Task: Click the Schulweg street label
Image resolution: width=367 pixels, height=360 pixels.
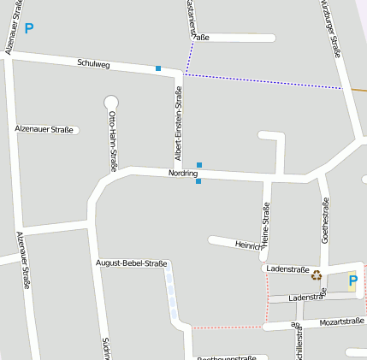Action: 93,63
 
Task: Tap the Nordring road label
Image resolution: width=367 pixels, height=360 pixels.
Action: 183,173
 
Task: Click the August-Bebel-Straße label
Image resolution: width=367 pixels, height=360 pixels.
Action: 132,263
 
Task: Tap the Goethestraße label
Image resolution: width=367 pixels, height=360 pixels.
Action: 324,221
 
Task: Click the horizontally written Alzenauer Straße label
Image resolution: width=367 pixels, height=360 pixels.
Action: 44,129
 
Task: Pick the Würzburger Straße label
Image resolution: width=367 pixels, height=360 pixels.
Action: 331,27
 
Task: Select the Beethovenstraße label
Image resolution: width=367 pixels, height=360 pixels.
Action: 227,357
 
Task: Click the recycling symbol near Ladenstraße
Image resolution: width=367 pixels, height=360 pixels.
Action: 317,275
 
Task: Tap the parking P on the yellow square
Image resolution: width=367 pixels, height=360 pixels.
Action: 352,280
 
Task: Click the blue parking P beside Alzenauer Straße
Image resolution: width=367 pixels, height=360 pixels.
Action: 29,29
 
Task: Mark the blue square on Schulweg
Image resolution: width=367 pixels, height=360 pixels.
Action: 158,68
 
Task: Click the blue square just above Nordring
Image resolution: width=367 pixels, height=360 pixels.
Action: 199,164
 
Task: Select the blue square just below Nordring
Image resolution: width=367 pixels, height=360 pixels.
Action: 198,181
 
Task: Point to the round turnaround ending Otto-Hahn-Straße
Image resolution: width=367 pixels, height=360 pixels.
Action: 110,103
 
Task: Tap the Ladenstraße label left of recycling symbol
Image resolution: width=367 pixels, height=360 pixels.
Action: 287,269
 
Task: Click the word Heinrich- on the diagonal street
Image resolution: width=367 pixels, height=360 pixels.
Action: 249,246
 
